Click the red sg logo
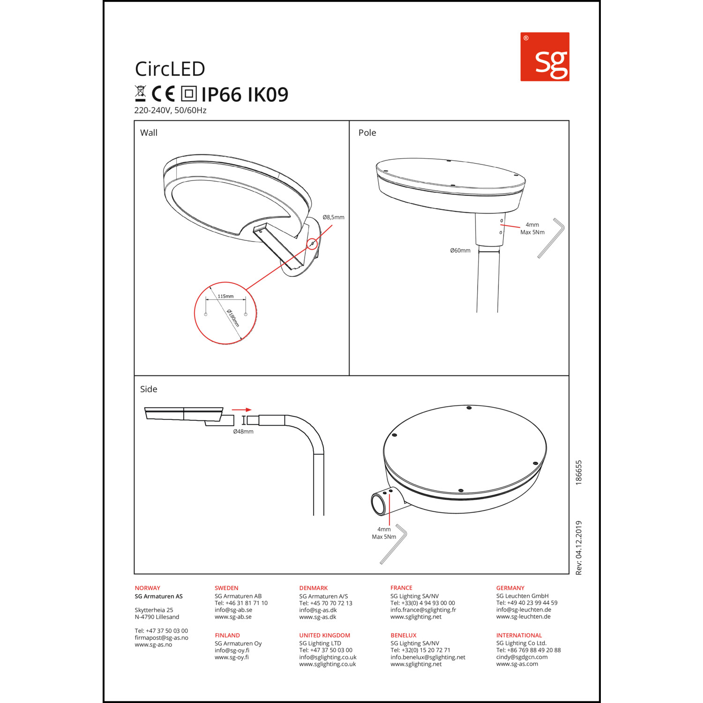tap(545, 57)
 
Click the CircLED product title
tap(170, 69)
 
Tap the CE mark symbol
tap(163, 94)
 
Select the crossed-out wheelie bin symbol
tap(140, 94)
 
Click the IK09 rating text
tap(268, 95)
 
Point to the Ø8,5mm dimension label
tap(333, 217)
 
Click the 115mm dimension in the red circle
tap(225, 296)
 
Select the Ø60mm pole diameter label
tap(460, 251)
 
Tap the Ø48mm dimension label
tap(243, 432)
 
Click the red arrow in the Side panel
tap(242, 410)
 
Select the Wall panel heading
tap(149, 133)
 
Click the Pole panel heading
tap(367, 133)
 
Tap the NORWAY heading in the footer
tap(148, 588)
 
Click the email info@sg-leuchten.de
tap(524, 610)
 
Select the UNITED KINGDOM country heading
tap(325, 636)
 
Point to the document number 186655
tap(579, 472)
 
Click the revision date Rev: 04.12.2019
tap(579, 548)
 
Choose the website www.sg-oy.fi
tap(232, 657)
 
